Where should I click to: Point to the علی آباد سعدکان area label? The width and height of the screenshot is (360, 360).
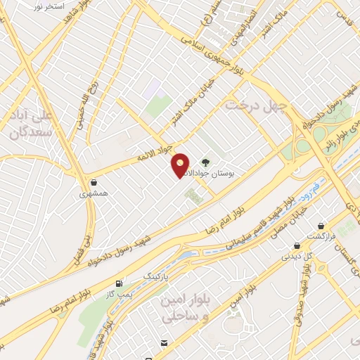coord(27,121)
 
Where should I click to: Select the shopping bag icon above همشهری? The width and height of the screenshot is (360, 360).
coord(94,180)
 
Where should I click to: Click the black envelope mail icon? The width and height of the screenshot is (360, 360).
coord(164,342)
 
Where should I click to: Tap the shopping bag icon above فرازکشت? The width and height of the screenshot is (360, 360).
coord(322,226)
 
